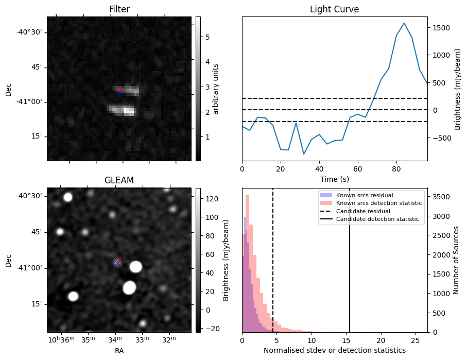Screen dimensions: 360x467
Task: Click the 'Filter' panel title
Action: tap(119, 10)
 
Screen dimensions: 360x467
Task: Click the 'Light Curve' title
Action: tap(334, 10)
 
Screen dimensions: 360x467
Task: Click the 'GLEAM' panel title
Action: tap(119, 180)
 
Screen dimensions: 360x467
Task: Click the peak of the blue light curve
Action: tap(404, 23)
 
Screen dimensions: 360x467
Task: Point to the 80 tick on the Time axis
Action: tap(396, 168)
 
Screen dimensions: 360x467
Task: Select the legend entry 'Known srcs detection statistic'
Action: tap(378, 203)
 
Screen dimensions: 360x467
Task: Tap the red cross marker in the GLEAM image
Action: tap(119, 260)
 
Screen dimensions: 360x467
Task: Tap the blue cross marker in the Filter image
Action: tap(119, 93)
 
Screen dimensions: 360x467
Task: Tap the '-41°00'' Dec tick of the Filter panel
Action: tap(32, 101)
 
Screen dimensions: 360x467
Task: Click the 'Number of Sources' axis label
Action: tap(456, 260)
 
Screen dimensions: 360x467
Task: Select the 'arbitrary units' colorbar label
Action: tap(216, 89)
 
